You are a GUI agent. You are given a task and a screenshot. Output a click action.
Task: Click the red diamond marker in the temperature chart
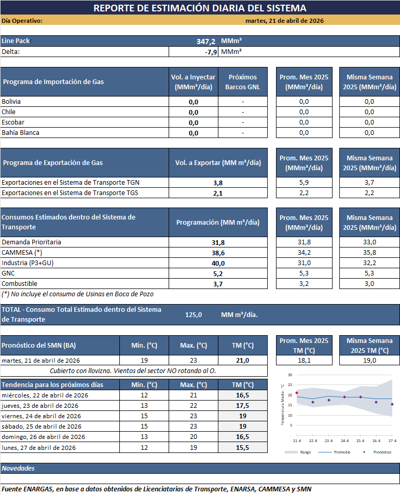(297, 393)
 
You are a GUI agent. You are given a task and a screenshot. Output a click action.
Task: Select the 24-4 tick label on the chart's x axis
(344, 440)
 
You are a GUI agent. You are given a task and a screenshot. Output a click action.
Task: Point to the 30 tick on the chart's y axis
(290, 375)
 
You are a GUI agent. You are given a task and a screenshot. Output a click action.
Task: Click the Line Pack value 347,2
(206, 41)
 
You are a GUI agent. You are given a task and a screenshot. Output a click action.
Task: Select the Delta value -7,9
(211, 52)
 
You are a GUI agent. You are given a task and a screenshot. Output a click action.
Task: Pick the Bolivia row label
(11, 102)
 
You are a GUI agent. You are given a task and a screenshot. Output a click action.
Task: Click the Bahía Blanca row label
(20, 133)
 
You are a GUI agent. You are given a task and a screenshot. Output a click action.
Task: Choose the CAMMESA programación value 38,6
(218, 253)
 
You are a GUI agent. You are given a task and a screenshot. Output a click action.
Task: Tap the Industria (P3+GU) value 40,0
(218, 263)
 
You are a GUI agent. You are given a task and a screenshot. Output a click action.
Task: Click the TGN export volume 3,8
(218, 183)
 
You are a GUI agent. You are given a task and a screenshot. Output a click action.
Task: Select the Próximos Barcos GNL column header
(243, 82)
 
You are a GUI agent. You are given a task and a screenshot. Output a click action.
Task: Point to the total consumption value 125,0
(194, 314)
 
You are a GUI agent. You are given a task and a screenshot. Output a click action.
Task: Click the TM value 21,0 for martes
(243, 361)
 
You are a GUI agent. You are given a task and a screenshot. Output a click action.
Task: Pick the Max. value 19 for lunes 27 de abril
(194, 447)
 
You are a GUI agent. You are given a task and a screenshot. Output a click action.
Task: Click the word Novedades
(18, 468)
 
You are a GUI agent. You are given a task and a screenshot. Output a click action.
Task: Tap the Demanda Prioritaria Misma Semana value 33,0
(369, 242)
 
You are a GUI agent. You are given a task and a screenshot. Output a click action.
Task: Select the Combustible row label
(19, 284)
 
